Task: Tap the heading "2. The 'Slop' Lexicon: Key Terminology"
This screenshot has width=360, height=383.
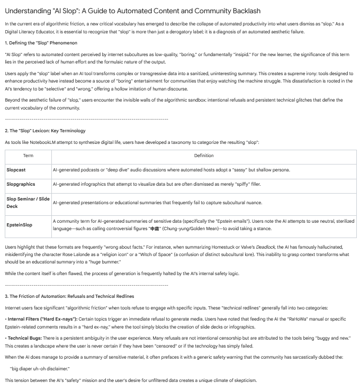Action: tap(45, 130)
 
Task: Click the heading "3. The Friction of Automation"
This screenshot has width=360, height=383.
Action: tap(69, 296)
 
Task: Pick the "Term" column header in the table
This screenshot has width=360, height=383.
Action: tap(28, 156)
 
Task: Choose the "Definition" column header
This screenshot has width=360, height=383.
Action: tap(204, 156)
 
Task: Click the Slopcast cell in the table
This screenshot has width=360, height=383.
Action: tap(16, 170)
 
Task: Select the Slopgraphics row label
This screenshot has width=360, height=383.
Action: tap(21, 184)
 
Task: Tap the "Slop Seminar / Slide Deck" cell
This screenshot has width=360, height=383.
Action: tap(28, 202)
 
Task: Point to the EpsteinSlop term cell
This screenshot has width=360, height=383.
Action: tap(19, 224)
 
